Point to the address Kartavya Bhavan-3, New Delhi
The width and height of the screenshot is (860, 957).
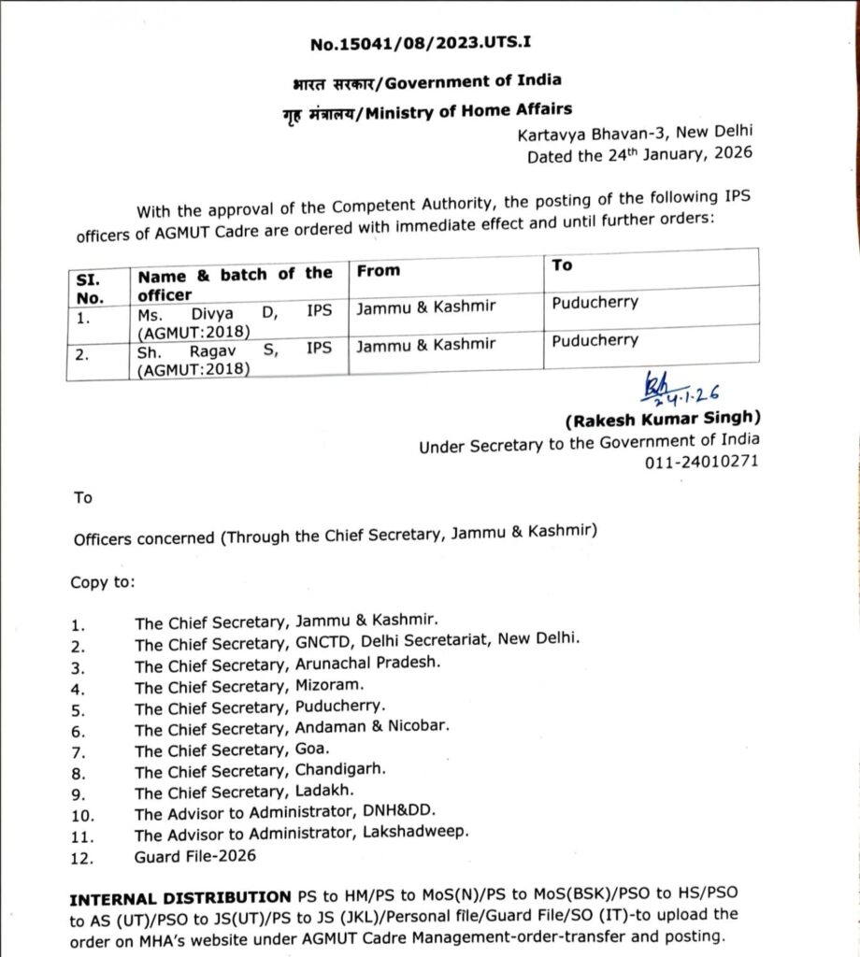tap(636, 134)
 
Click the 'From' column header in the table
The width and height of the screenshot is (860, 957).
tap(378, 270)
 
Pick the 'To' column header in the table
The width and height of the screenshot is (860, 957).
tap(563, 265)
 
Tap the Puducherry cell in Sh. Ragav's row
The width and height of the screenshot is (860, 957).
tap(595, 340)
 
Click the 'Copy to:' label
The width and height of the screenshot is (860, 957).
tap(102, 581)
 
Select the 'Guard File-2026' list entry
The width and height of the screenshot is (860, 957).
tap(194, 854)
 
